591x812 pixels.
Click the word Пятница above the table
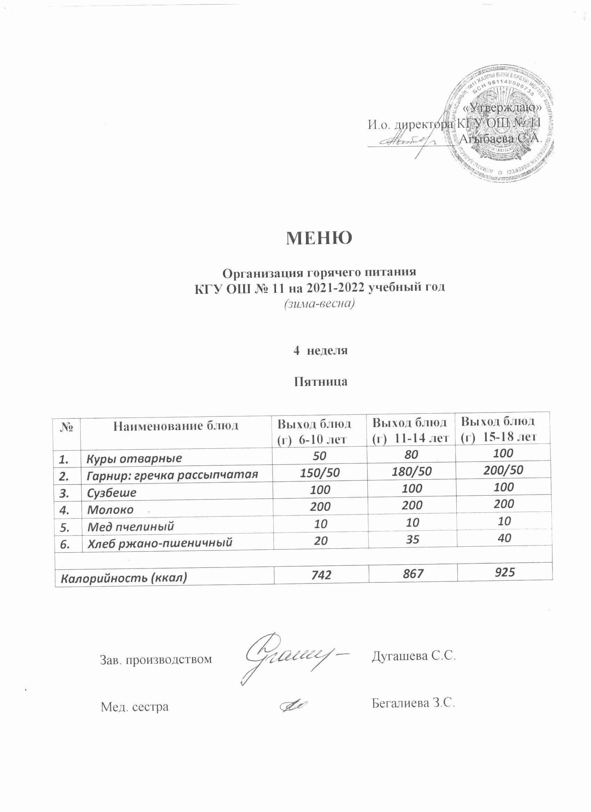coord(321,382)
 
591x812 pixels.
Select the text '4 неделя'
coord(321,350)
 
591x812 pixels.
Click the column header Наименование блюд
coord(176,426)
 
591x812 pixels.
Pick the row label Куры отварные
coord(135,459)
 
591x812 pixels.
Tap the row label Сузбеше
coord(112,492)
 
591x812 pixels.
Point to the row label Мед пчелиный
coord(131,526)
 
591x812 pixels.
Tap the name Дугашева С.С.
coord(414,656)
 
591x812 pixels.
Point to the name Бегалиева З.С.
coord(413,704)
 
